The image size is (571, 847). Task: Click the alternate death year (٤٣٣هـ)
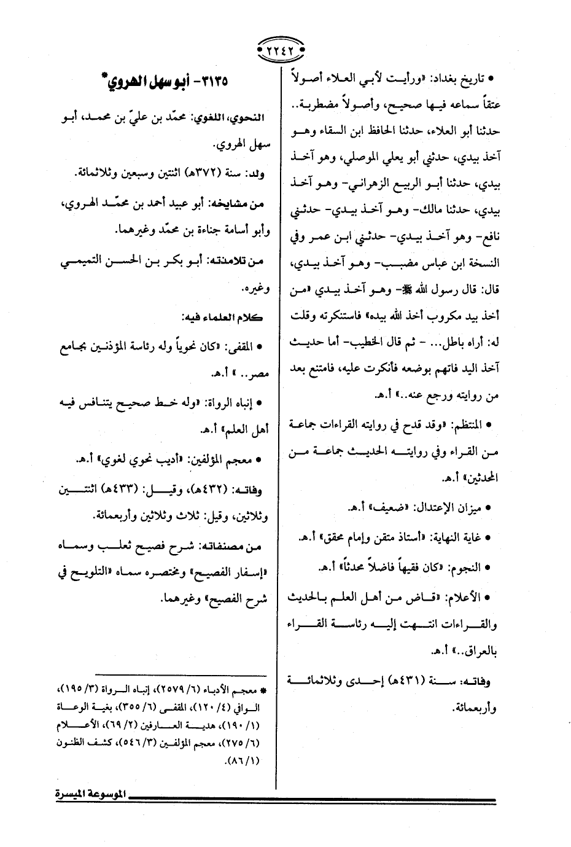click(114, 490)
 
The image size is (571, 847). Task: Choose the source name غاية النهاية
click(453, 536)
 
